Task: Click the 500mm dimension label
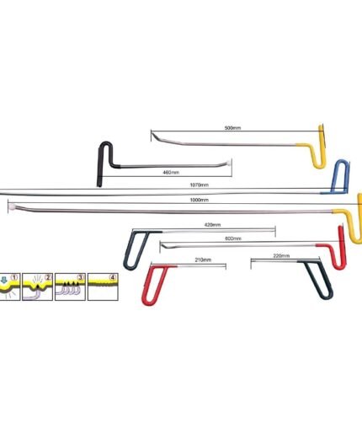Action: (232, 128)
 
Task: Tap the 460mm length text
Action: (171, 172)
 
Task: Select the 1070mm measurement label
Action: (200, 185)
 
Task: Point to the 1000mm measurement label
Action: (200, 200)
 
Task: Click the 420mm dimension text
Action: (212, 225)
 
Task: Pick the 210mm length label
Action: (203, 260)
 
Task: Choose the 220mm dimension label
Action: (281, 256)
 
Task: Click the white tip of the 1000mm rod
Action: (12, 208)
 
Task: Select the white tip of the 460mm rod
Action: (229, 163)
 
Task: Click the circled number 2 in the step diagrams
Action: (48, 277)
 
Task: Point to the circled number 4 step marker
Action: (113, 277)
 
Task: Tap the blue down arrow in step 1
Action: (4, 280)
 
